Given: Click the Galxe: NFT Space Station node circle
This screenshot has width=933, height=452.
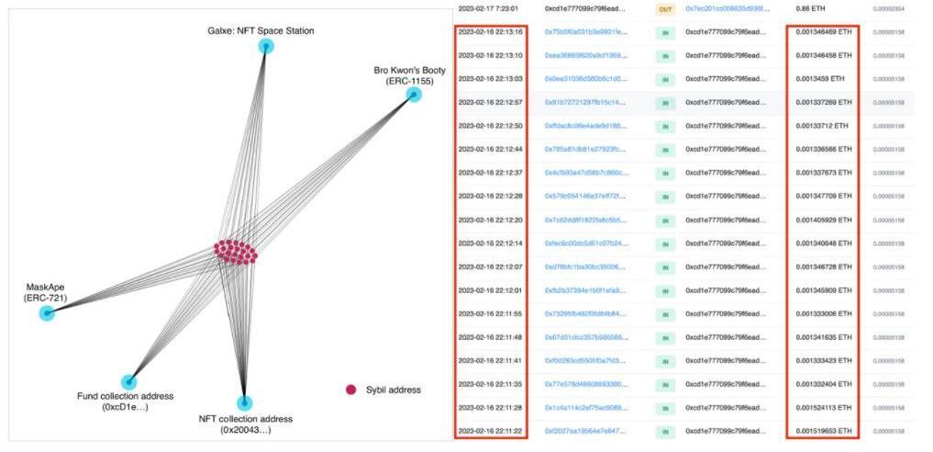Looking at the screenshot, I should tap(266, 45).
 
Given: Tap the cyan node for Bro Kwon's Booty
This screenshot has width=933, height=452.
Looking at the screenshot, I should tap(414, 95).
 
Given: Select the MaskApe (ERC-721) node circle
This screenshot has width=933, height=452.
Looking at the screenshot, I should tap(47, 313).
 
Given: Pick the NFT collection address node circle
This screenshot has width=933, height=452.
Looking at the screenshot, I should tap(244, 403).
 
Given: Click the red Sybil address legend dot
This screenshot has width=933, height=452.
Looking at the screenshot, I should tap(350, 390).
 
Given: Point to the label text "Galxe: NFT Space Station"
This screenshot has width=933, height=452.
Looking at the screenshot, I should tap(261, 30).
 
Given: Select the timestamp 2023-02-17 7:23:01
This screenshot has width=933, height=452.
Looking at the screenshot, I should tap(489, 8).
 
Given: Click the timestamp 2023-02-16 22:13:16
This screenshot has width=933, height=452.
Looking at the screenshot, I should tap(490, 31).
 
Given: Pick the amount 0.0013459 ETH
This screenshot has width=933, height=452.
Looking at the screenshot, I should tap(819, 79).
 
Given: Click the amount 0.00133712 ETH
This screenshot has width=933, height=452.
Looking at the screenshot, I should tap(821, 125).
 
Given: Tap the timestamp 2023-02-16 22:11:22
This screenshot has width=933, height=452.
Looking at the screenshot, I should tap(490, 430).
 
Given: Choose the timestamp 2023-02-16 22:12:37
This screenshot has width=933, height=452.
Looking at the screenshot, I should tap(490, 173).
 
